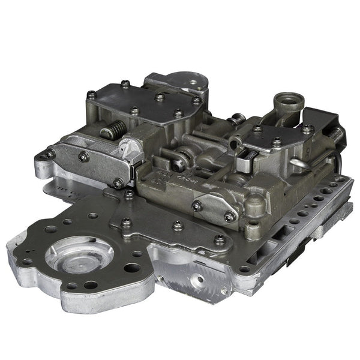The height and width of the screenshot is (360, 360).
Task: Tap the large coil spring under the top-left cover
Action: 116,128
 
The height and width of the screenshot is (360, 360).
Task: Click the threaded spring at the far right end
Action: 337,136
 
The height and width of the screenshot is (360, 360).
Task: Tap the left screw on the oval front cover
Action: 197,206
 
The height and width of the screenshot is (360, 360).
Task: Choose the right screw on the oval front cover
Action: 228,217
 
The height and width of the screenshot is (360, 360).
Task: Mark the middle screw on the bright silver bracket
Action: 83,157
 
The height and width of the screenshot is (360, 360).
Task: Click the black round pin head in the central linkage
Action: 178,160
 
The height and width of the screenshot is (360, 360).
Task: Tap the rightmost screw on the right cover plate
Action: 307,128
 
